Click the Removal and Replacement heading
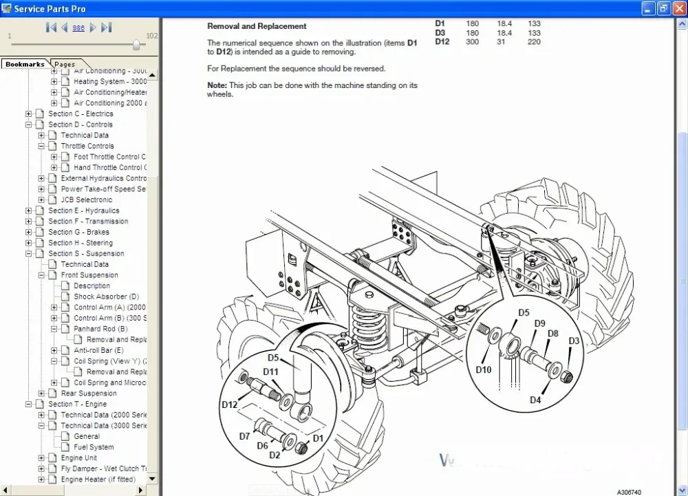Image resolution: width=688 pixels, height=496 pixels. tap(257, 26)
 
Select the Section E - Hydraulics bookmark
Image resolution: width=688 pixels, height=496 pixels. tap(83, 211)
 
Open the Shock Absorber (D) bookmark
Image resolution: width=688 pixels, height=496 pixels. tap(106, 296)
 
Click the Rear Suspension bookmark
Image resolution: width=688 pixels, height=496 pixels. tap(89, 393)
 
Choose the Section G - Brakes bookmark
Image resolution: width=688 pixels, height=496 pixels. tap(78, 232)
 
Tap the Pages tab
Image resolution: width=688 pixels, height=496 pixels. tap(65, 64)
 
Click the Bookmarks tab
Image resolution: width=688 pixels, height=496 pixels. tap(25, 64)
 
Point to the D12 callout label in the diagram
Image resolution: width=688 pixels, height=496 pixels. tap(229, 405)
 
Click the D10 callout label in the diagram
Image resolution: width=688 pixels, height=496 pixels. tap(484, 369)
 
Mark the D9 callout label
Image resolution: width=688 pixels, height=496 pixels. tap(539, 323)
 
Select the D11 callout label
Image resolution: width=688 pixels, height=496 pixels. tap(270, 372)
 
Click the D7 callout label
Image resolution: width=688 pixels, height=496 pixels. tap(245, 436)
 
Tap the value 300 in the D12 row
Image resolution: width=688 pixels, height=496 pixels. tap(472, 42)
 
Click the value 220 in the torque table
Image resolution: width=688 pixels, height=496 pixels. tap(534, 42)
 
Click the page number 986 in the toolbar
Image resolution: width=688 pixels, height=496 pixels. tap(78, 28)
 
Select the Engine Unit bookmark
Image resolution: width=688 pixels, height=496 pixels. tap(78, 457)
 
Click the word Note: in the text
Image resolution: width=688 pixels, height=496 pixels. tap(217, 85)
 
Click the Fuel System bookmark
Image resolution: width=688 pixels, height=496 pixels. tap(94, 447)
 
